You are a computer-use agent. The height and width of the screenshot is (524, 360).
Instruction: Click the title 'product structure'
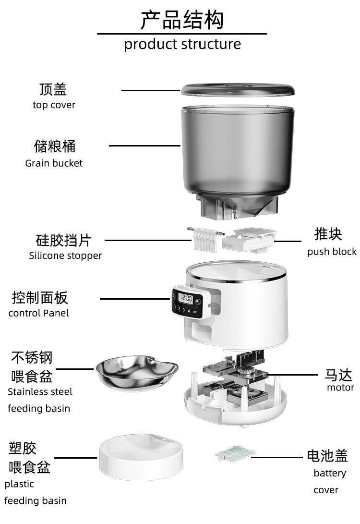(182, 45)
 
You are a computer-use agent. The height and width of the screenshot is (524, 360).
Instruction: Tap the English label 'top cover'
(54, 105)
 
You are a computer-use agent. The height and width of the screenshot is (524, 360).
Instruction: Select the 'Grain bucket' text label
(54, 163)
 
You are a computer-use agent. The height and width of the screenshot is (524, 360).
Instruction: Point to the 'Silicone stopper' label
(65, 256)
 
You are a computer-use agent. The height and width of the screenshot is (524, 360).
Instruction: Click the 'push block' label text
(332, 252)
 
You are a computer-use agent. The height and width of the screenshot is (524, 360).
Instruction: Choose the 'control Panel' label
(39, 313)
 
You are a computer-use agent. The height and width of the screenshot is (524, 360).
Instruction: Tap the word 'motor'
(340, 388)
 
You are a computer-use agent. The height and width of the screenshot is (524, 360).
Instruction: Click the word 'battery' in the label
(330, 473)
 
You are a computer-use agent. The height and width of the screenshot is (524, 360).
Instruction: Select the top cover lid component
(238, 90)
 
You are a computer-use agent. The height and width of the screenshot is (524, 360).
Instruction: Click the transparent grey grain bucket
(238, 160)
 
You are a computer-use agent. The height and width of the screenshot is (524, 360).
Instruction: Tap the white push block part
(249, 240)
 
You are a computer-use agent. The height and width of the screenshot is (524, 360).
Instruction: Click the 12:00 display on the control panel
(185, 298)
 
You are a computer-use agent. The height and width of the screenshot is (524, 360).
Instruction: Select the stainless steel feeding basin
(137, 373)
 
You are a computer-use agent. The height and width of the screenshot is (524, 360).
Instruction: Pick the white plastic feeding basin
(141, 457)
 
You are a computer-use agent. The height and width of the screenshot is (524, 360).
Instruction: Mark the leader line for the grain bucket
(144, 146)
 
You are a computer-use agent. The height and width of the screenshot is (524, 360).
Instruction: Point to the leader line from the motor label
(292, 375)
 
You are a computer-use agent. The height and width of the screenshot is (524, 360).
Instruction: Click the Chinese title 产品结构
(182, 20)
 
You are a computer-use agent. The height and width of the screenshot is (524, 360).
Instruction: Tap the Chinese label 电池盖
(327, 455)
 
